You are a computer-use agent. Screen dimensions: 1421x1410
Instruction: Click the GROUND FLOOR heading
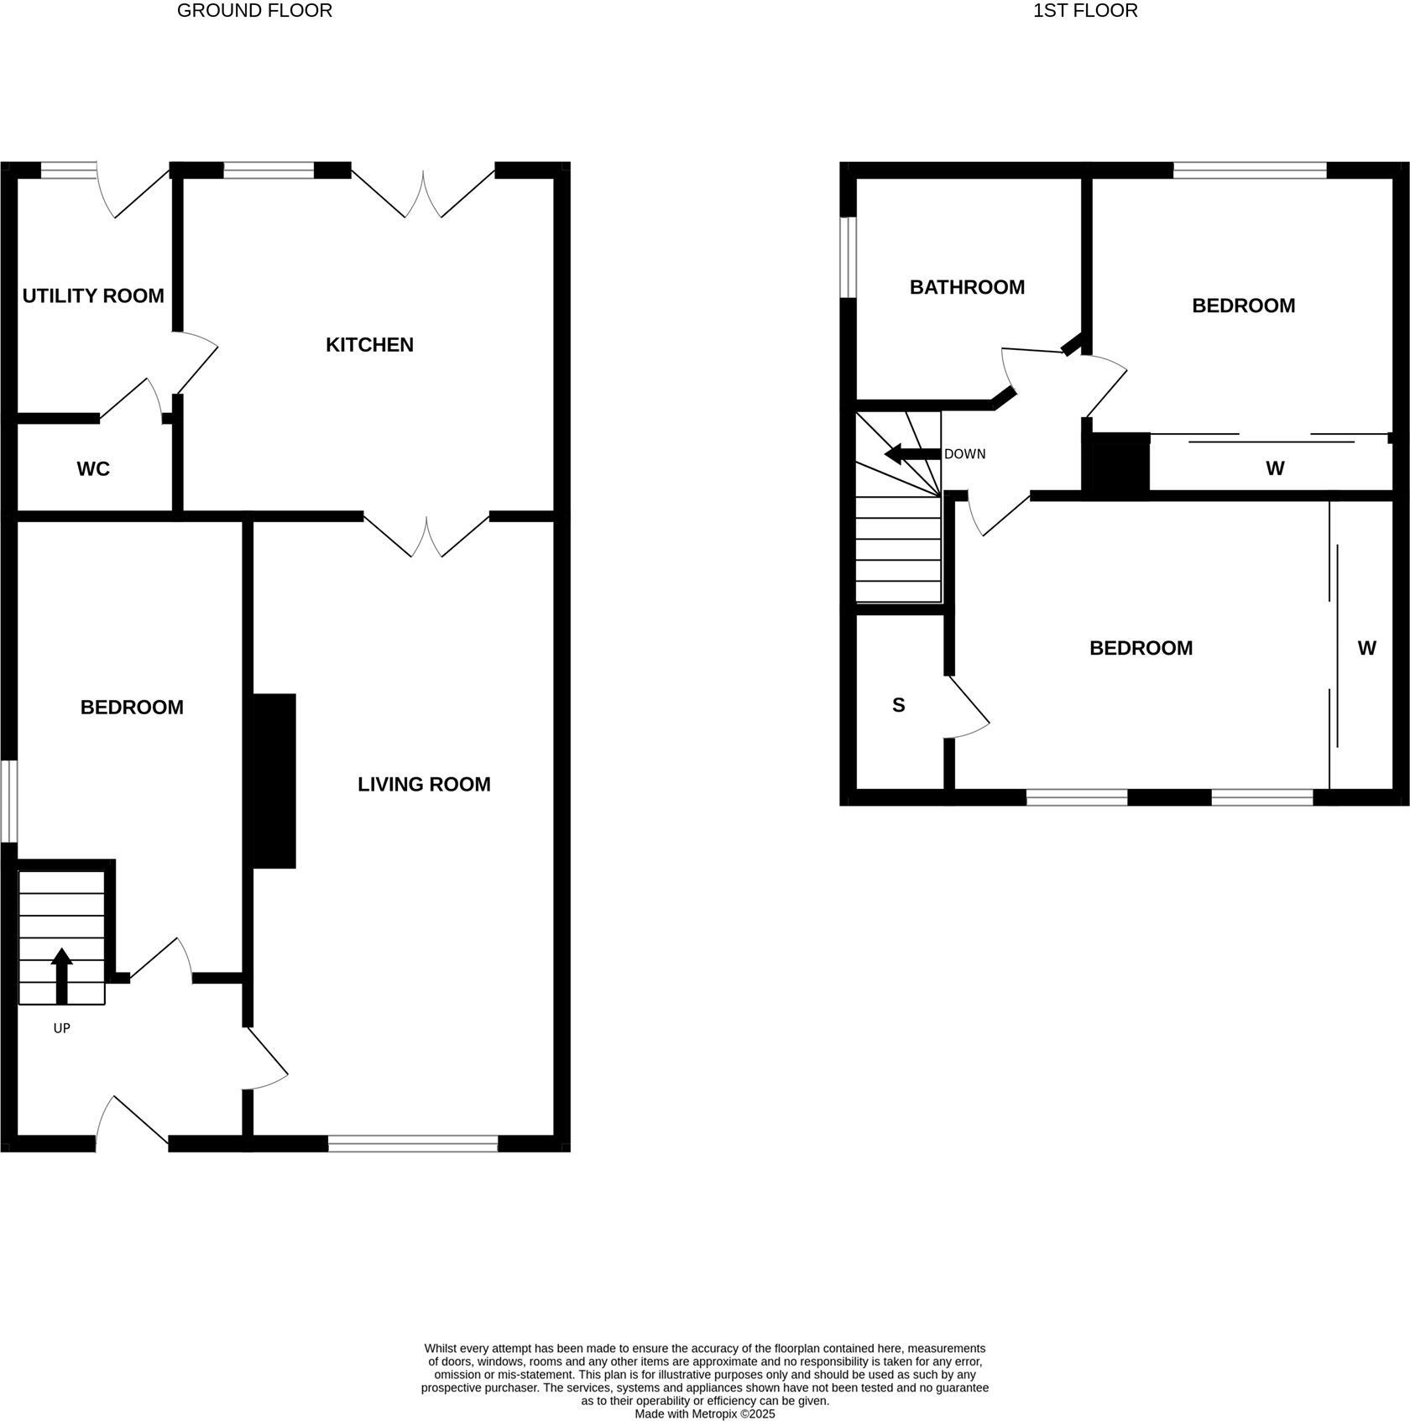(x=254, y=11)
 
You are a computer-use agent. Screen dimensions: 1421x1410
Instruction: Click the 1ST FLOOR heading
(x=1085, y=11)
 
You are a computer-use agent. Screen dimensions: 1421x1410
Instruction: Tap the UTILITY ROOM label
(x=93, y=296)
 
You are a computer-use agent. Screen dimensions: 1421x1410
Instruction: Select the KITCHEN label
(x=369, y=345)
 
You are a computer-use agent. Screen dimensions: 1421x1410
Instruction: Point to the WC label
(x=93, y=469)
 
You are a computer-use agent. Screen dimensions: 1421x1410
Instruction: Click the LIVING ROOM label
(x=424, y=785)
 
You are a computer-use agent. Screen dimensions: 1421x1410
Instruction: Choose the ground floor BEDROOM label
(x=132, y=708)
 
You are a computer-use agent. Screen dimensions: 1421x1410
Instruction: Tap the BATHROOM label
(x=967, y=288)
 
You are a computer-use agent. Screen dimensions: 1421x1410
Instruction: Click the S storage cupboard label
(x=898, y=706)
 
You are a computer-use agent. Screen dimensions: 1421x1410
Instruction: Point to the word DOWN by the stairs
(x=965, y=454)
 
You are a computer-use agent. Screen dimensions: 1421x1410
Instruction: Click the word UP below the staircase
(x=61, y=1028)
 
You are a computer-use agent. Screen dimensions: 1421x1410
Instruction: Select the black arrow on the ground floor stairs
(x=61, y=976)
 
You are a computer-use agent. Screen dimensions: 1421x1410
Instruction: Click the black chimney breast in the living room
(x=274, y=781)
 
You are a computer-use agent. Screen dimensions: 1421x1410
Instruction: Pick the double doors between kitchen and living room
(x=426, y=535)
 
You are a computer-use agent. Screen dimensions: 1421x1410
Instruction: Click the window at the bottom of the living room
(x=413, y=1143)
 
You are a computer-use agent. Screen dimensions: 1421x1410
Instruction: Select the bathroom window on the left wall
(x=849, y=258)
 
